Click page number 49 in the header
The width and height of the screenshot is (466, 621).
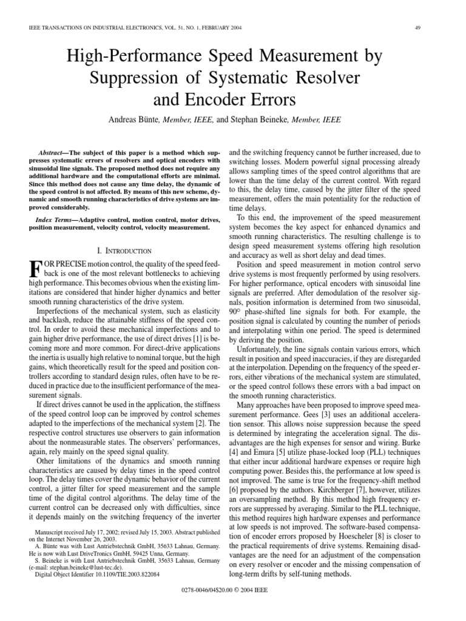click(419, 27)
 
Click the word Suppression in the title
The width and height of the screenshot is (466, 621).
click(138, 78)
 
